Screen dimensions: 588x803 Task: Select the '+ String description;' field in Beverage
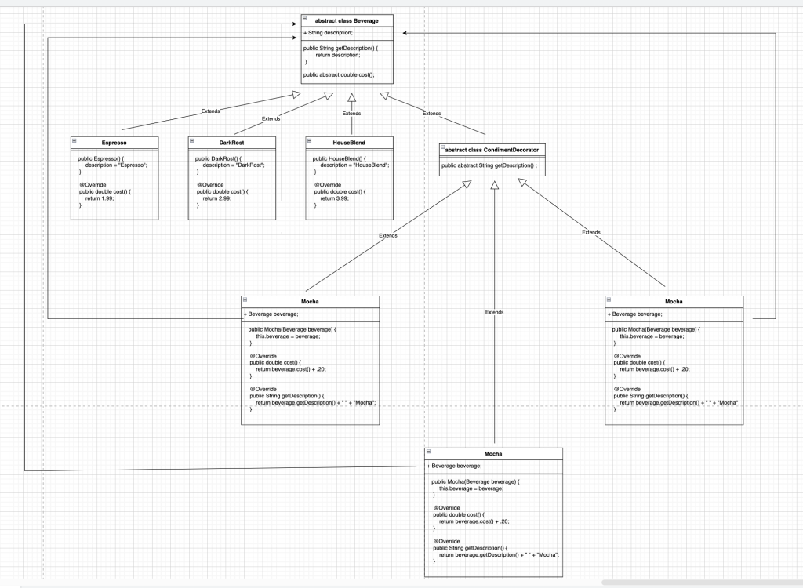328,33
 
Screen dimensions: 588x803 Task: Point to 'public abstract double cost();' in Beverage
338,74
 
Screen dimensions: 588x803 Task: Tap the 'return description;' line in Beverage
338,55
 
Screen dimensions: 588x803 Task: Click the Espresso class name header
114,143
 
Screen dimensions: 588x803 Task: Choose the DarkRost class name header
232,143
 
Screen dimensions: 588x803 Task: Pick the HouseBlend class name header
349,143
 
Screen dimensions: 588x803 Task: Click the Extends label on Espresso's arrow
211,111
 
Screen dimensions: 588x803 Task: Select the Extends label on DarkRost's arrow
271,118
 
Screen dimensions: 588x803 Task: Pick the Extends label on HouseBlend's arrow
352,114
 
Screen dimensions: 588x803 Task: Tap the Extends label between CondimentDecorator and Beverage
432,114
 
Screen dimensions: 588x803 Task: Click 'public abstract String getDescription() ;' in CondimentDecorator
489,165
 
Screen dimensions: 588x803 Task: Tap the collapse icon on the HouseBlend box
310,141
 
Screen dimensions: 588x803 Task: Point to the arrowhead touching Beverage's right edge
405,33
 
